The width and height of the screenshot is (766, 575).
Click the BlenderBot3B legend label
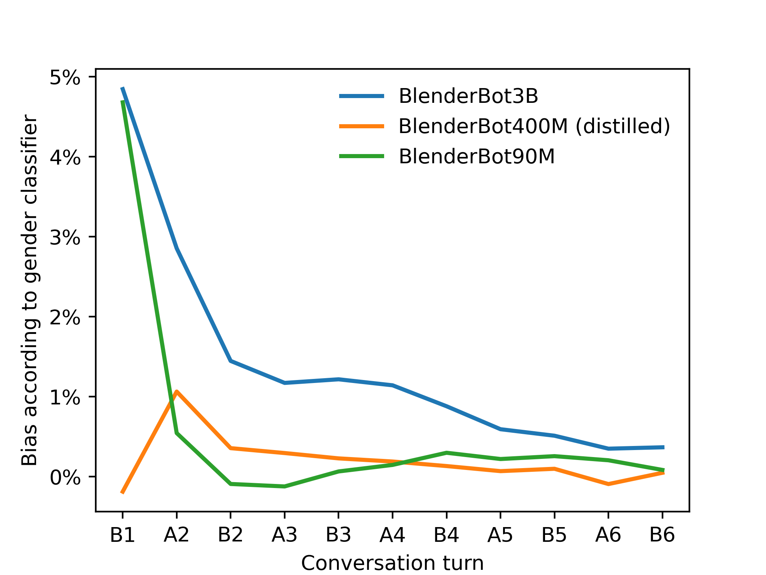point(468,96)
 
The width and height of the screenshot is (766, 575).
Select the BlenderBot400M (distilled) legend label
point(534,126)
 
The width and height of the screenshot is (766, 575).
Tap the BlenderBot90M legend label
point(476,156)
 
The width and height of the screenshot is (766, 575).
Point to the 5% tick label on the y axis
point(65,78)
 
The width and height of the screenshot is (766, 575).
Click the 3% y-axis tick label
point(65,238)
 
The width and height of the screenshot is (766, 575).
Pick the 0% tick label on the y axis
point(65,478)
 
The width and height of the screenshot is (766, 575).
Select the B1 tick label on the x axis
point(123,535)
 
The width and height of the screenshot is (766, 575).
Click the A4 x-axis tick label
point(392,535)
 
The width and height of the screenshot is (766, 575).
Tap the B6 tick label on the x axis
point(662,535)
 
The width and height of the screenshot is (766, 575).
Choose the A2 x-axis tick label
point(176,535)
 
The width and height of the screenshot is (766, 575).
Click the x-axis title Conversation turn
point(392,563)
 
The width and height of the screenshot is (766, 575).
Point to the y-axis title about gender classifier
point(29,290)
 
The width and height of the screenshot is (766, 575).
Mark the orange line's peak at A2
point(177,391)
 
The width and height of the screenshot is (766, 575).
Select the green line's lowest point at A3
point(285,487)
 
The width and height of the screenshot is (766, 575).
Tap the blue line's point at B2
point(231,361)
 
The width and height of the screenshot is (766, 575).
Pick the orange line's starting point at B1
point(123,492)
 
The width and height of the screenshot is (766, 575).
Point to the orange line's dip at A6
point(608,484)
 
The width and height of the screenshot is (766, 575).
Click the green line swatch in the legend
point(362,156)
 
